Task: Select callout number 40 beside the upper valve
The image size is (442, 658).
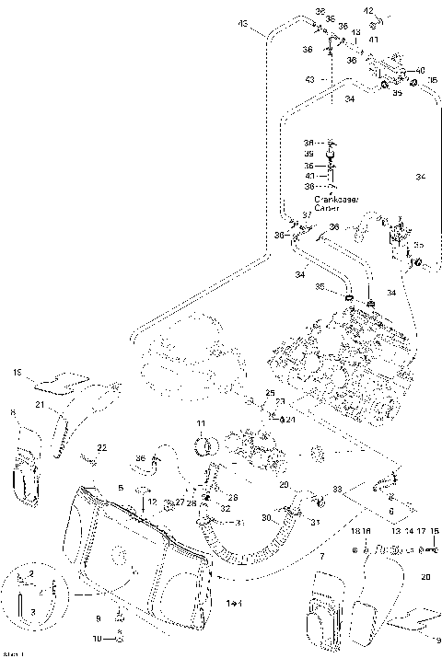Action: click(421, 70)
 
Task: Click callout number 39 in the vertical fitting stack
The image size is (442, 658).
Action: click(309, 154)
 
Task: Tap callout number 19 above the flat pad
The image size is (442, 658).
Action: click(17, 372)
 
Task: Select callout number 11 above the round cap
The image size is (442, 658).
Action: click(200, 422)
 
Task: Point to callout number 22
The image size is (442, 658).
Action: click(101, 446)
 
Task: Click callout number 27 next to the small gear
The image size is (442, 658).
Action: click(168, 502)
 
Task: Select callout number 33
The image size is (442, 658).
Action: click(338, 489)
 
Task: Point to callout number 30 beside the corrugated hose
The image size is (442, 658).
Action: click(266, 517)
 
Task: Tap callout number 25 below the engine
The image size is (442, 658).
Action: click(271, 393)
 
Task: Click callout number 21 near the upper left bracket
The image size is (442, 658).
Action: click(40, 404)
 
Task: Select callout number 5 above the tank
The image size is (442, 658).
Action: click(120, 487)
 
